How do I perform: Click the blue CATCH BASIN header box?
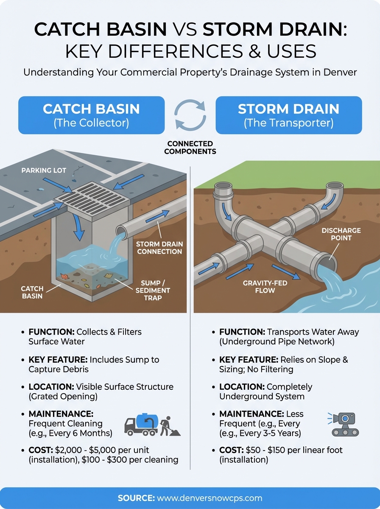pos(91,115)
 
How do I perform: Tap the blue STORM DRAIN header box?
pos(289,115)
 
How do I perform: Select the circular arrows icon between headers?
pos(190,114)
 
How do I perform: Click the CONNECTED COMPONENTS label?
pos(190,148)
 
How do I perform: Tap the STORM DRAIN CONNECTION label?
pos(159,248)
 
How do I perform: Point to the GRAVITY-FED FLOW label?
pos(259,287)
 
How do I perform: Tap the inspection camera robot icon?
pos(344,423)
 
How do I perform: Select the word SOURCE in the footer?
pos(136,498)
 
